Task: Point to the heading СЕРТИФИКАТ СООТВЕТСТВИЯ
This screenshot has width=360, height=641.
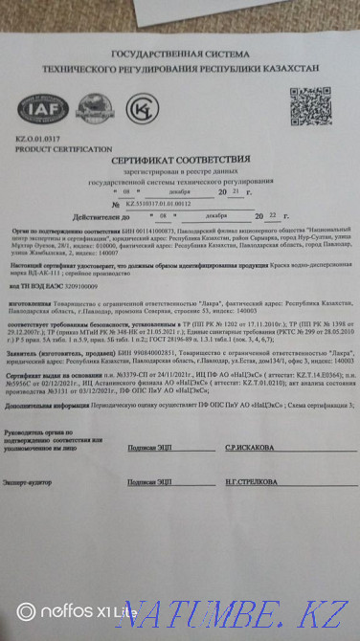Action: coord(176,160)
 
